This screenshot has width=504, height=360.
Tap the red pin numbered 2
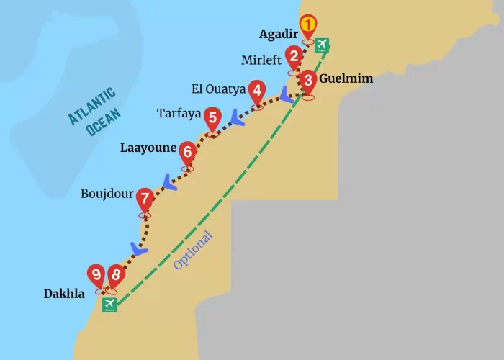click(293, 56)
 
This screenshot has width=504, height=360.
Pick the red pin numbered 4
click(257, 91)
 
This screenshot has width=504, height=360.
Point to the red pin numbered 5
click(212, 117)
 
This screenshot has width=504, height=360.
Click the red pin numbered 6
click(187, 152)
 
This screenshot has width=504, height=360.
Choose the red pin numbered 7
click(145, 198)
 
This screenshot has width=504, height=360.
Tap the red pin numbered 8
click(115, 276)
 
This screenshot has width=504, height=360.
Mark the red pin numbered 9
click(96, 276)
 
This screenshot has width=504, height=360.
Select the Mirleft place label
click(264, 60)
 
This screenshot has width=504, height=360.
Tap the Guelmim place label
click(346, 78)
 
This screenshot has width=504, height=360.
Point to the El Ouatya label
click(219, 89)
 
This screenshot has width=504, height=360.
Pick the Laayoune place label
click(148, 148)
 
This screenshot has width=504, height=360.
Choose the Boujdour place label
click(106, 194)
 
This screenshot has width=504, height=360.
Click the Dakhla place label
click(64, 294)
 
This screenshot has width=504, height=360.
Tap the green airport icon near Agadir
click(322, 44)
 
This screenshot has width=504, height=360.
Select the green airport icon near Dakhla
click(109, 305)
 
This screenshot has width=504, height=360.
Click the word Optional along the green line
click(194, 250)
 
